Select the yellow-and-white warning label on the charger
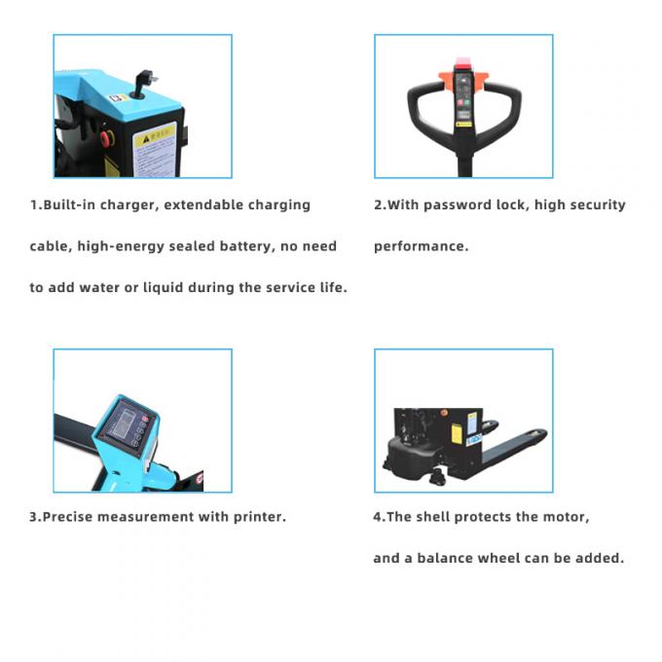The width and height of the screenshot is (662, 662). (x=155, y=150)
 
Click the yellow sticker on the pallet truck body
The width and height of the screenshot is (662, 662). (x=457, y=433)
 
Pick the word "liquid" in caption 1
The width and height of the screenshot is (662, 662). (x=163, y=287)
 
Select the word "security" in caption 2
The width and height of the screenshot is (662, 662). (x=598, y=205)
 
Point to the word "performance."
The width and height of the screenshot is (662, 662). (x=421, y=246)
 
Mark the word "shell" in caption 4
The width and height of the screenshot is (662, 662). (x=432, y=517)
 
